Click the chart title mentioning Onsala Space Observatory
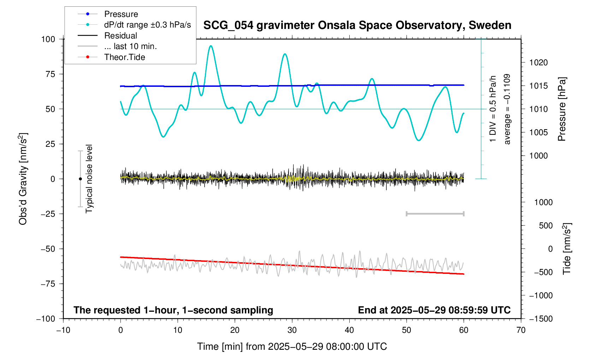click(x=357, y=25)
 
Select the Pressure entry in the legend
click(x=121, y=14)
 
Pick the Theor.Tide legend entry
click(x=124, y=57)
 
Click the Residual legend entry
click(x=120, y=36)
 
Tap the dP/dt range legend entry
click(x=147, y=25)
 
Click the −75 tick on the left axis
click(x=48, y=284)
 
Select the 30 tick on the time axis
click(x=292, y=330)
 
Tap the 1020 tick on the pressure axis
click(x=538, y=63)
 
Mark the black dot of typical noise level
click(x=80, y=179)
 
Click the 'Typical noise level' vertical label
click(x=89, y=179)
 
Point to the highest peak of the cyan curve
click(x=211, y=46)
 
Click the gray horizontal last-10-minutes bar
click(x=435, y=214)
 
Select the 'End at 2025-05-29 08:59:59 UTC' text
click(x=434, y=310)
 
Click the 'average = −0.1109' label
click(x=507, y=109)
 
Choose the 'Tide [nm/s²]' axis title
click(x=567, y=248)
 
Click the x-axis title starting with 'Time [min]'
click(x=292, y=347)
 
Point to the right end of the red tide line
click(x=463, y=274)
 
